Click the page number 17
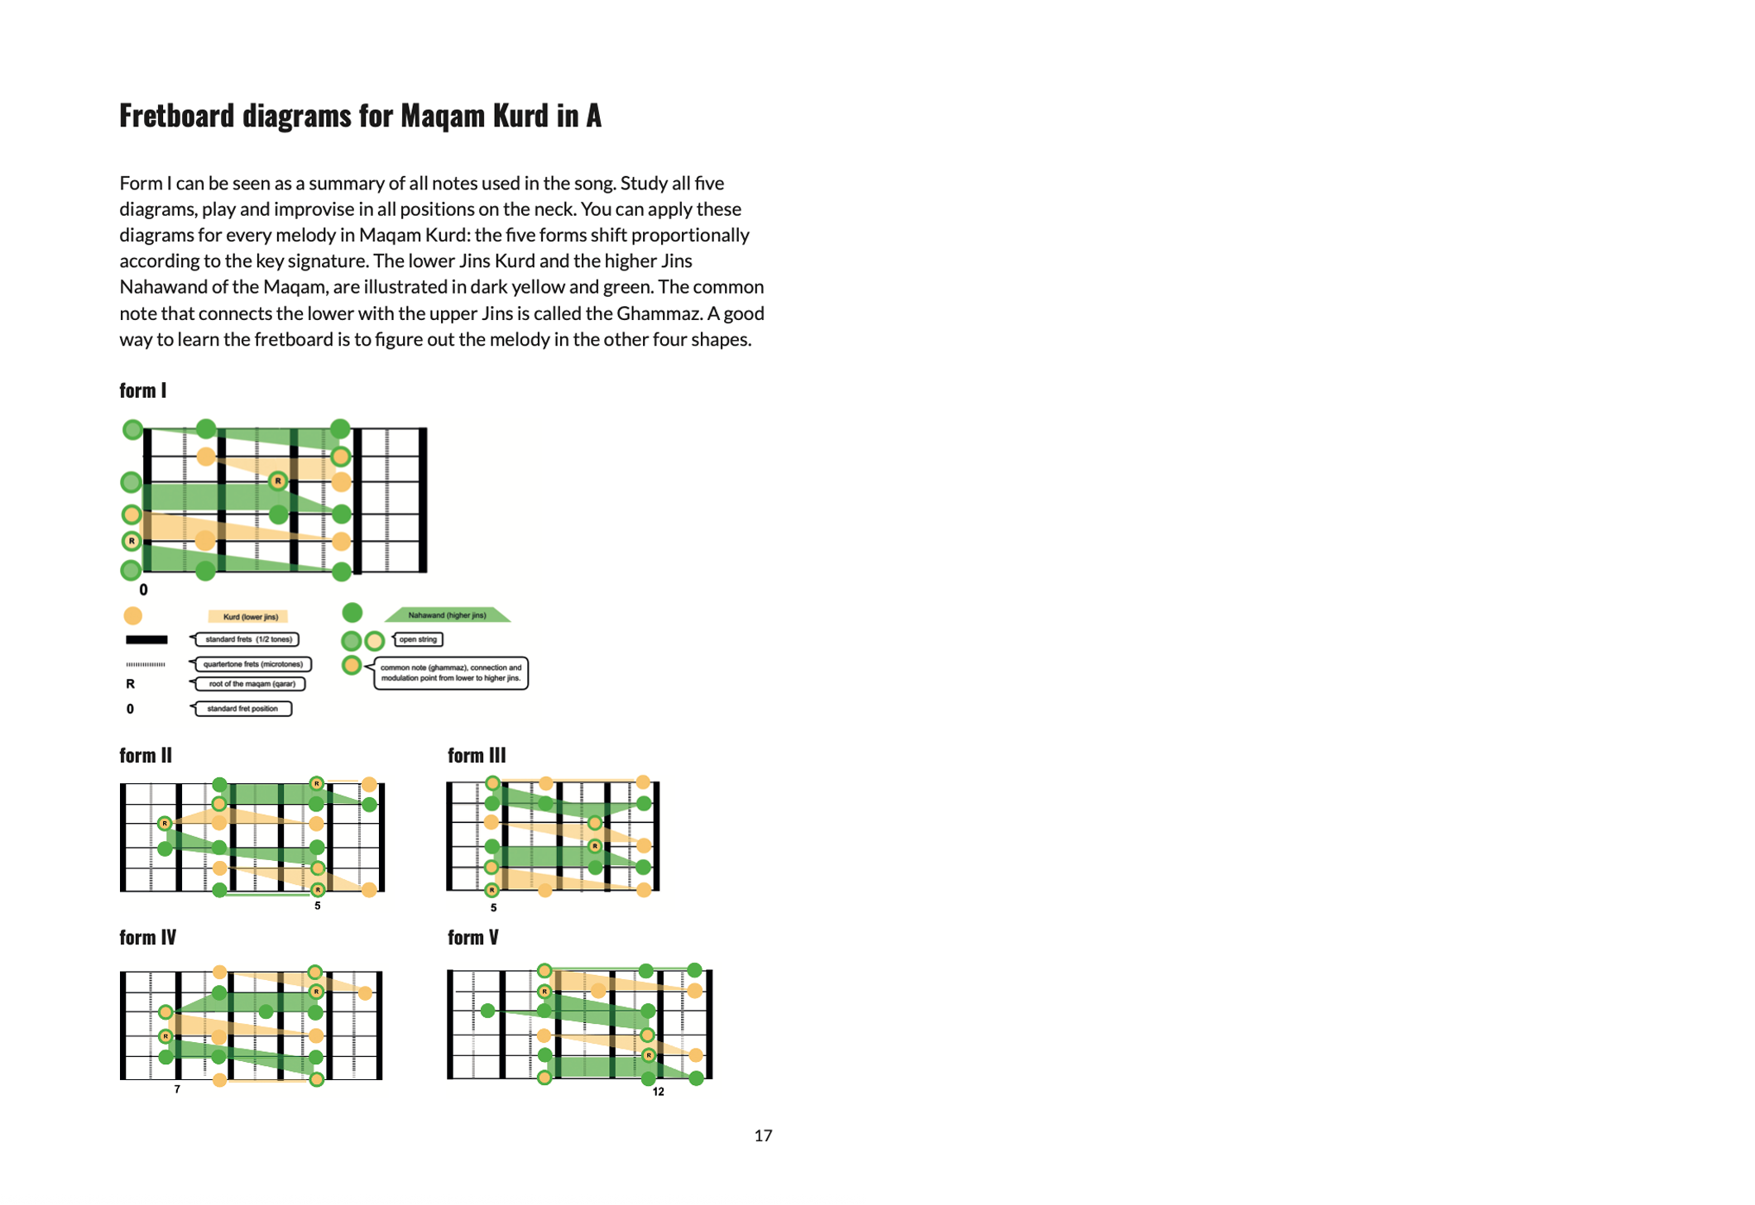(x=762, y=1136)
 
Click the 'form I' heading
(x=142, y=390)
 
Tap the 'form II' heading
(x=145, y=755)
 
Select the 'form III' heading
(x=476, y=755)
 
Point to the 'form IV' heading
(x=147, y=937)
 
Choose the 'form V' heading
(x=472, y=937)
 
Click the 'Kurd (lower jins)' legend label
(x=249, y=616)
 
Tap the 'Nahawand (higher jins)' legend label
(x=447, y=614)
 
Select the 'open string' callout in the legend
(x=418, y=639)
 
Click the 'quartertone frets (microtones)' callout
(x=252, y=663)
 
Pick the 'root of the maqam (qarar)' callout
(x=250, y=684)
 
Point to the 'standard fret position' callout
(x=242, y=709)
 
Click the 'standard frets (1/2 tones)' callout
(x=247, y=639)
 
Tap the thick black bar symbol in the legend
(x=146, y=639)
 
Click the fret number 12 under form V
(x=658, y=1092)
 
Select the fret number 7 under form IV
(x=177, y=1089)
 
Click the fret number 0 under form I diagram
(x=143, y=590)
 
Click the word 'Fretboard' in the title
(x=176, y=116)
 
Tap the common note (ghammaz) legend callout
(x=451, y=672)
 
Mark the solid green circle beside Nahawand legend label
(x=352, y=613)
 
